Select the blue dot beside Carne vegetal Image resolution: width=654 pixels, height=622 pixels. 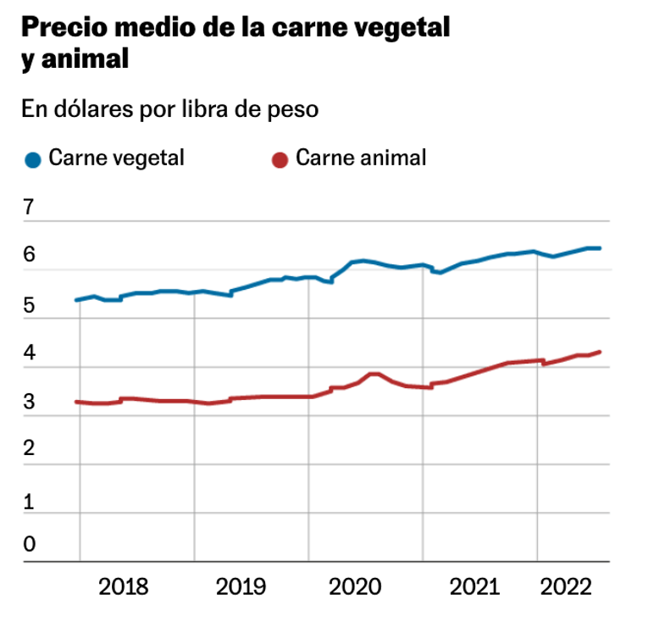coord(33,159)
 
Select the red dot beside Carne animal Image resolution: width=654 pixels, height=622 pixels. coord(279,159)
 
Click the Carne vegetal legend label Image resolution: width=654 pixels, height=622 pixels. coord(116,158)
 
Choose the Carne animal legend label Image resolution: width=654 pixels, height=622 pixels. coord(361,158)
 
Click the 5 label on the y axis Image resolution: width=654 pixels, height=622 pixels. coord(29,305)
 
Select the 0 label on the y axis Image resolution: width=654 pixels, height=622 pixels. coord(29,544)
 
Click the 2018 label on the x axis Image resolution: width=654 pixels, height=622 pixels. coord(124,586)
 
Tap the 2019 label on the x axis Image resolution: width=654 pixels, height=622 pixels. coord(241,586)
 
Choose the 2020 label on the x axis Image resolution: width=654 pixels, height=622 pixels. coord(356,586)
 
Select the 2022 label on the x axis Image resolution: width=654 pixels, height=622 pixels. coord(566,586)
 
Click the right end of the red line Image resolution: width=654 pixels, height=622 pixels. coord(600,352)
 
